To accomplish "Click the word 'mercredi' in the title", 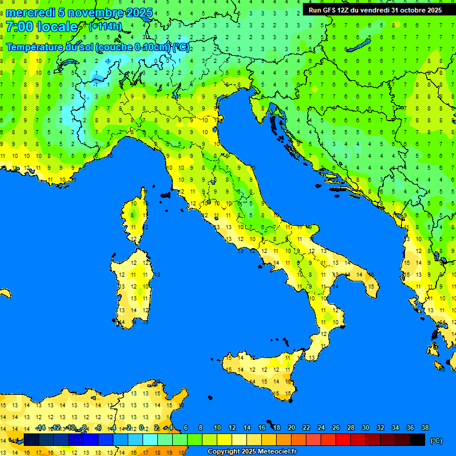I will pos(30,12).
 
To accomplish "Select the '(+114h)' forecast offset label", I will pos(105,26).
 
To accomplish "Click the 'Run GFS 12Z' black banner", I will pos(375,9).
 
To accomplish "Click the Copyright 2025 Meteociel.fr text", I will pos(252,452).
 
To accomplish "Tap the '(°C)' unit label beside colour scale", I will pos(436,441).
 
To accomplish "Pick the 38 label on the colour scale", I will pos(425,427).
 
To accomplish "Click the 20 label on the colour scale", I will pos(291,427).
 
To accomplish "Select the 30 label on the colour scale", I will pos(365,427).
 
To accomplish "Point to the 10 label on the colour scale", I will pos(217,427).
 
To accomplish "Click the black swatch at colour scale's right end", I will pos(417,439).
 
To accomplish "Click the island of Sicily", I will pos(261,374).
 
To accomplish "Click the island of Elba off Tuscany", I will pos(166,194).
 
